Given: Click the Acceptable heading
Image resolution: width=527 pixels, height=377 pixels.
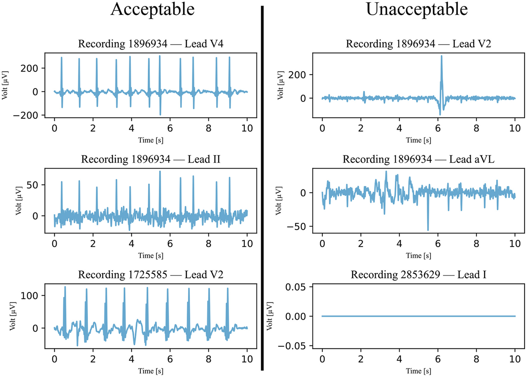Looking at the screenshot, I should (x=153, y=10).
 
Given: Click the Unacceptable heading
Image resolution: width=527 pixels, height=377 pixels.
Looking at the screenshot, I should (x=417, y=10).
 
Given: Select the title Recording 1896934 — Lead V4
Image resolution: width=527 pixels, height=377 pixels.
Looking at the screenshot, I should (x=150, y=44).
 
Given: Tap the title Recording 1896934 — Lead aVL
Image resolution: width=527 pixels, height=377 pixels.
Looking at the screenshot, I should (x=418, y=159).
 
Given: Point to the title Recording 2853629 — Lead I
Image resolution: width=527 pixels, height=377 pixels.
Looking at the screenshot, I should (x=418, y=275).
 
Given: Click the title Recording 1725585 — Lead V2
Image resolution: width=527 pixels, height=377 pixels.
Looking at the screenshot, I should (x=150, y=275).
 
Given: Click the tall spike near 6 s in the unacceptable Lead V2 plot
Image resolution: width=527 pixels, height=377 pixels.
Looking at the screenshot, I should (x=441, y=57).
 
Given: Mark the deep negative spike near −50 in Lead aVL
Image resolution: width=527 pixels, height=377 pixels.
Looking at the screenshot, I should (x=428, y=229).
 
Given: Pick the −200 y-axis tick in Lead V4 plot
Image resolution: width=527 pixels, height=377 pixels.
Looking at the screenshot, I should (x=26, y=115).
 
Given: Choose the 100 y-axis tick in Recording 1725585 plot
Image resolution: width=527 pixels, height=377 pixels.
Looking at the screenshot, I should (x=29, y=296).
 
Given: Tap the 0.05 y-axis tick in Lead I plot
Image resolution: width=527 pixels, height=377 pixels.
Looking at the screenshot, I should (x=295, y=287).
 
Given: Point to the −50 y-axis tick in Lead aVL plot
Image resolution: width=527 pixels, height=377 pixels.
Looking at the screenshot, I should (x=296, y=227).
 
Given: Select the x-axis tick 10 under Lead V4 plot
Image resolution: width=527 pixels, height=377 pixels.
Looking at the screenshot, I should (x=247, y=128).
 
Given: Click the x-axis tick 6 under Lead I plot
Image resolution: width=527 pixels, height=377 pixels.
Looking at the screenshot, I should (x=438, y=359).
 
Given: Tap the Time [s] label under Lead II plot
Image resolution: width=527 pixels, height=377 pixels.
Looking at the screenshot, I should (x=150, y=256).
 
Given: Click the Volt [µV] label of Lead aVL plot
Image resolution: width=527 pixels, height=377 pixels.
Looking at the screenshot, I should (x=279, y=201).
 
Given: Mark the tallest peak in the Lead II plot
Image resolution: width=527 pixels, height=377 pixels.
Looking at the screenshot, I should (x=160, y=172).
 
